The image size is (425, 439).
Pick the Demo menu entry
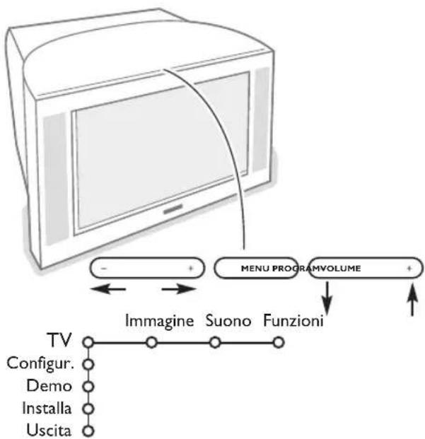(59, 386)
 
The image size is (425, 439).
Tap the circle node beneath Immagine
(150, 343)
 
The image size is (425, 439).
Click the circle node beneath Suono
(215, 343)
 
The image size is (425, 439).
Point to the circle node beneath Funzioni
(279, 343)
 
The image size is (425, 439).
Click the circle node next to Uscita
(88, 431)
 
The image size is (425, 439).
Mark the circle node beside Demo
(88, 387)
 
